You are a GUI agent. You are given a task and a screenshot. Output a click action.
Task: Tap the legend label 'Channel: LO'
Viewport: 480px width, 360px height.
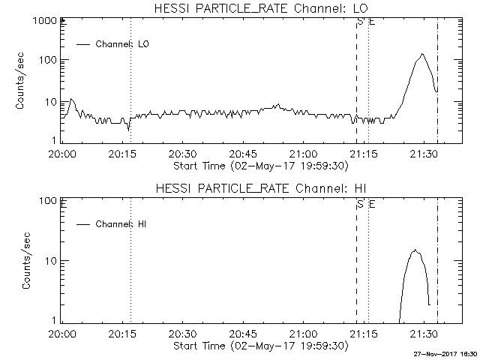(x=123, y=44)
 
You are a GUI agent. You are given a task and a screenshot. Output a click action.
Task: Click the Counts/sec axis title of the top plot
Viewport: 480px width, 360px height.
(x=22, y=81)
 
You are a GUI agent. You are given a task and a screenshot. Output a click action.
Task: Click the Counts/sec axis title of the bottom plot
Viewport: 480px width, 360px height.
(x=27, y=261)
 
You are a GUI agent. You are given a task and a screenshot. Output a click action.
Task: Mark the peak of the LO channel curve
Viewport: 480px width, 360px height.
(x=422, y=54)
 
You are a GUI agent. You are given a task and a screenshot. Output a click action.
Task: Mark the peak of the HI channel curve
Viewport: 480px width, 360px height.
(x=415, y=250)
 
